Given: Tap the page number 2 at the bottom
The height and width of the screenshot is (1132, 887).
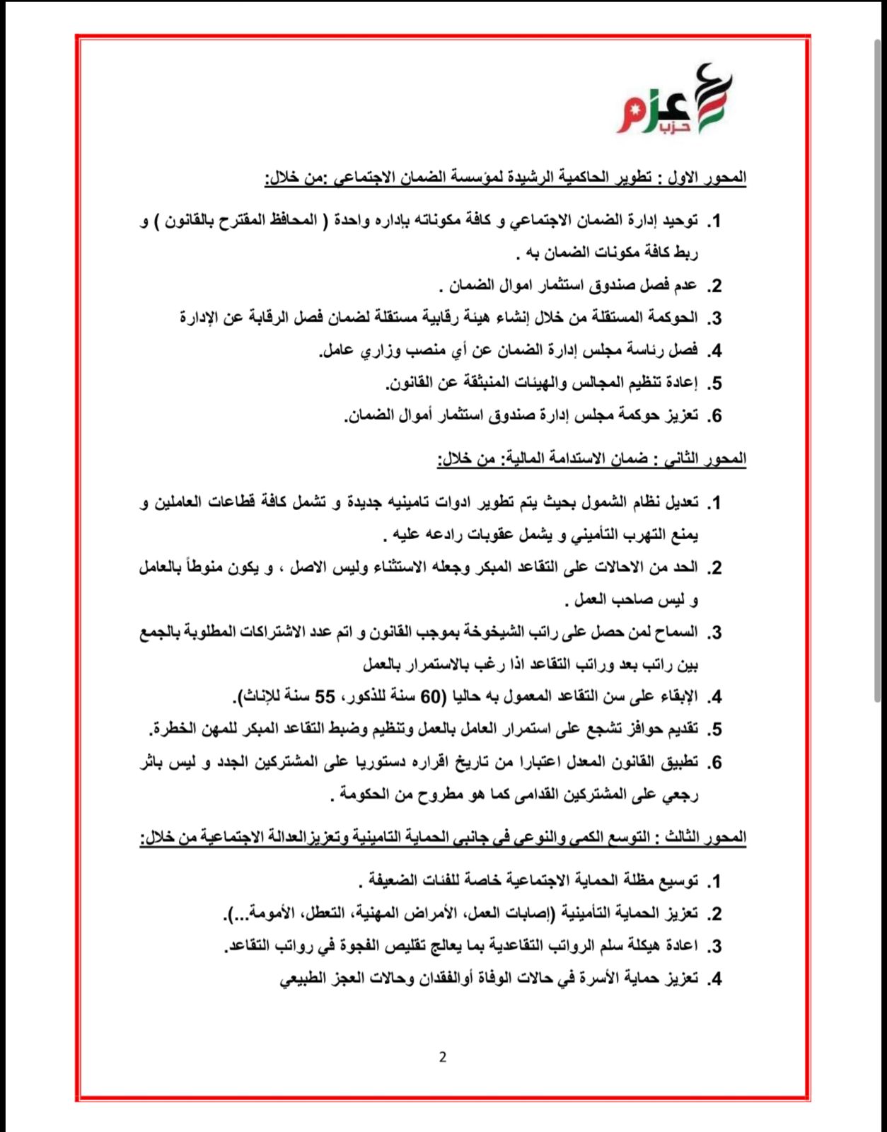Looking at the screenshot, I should (443, 1058).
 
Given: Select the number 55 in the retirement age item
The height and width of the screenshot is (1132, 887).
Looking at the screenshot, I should (325, 697).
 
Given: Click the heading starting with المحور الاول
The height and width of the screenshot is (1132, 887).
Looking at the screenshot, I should (505, 178).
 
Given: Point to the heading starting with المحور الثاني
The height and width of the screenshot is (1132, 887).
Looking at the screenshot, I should (591, 459).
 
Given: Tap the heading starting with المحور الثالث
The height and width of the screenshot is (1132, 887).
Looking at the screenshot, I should (443, 838).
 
